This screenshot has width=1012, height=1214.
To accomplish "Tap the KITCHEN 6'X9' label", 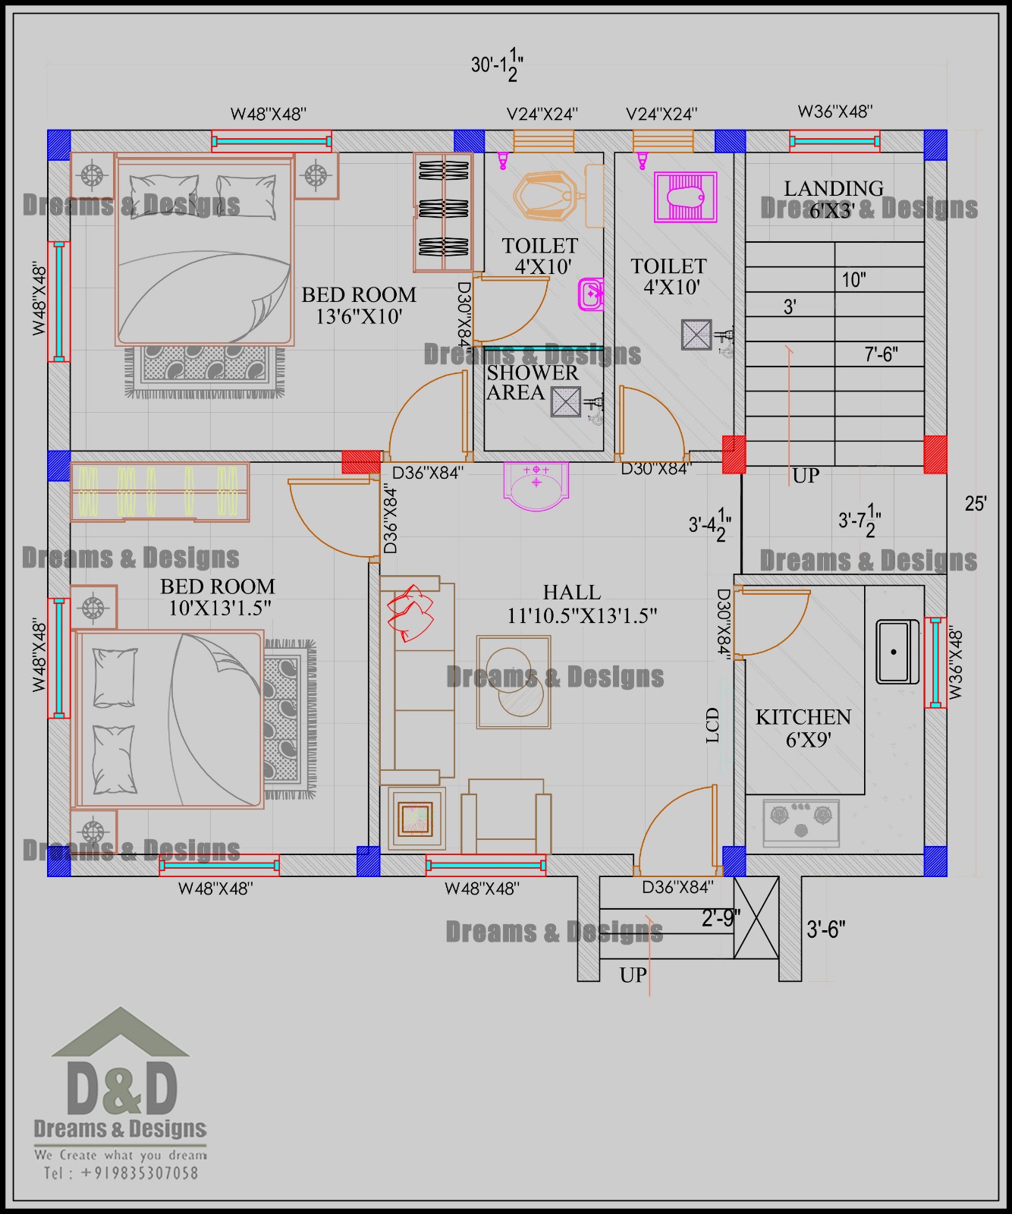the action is click(803, 728).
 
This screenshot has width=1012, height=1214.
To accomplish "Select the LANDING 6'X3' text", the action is click(833, 199).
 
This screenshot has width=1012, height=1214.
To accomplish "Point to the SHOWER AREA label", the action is click(533, 382).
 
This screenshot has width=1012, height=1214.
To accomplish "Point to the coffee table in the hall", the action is click(514, 682).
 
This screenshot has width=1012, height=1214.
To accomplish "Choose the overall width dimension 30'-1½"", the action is click(497, 65).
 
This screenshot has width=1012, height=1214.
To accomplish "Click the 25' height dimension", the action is click(976, 503).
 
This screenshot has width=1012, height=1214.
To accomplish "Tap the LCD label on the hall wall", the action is click(712, 725).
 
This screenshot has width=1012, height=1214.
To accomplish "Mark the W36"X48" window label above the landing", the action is click(835, 112).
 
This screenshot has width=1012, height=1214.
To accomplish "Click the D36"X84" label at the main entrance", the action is click(677, 886).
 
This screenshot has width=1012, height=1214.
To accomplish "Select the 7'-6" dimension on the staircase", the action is click(882, 354).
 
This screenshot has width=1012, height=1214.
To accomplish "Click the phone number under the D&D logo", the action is click(121, 1173).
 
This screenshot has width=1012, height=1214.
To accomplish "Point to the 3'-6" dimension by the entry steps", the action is click(825, 929).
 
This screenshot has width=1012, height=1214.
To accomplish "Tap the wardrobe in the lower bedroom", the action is click(160, 492).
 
